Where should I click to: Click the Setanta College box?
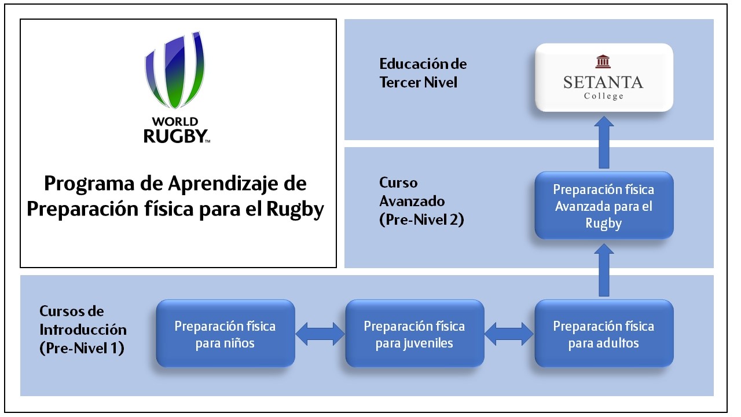tap(603, 77)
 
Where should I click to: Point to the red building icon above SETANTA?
tap(603, 61)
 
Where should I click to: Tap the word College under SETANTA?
tap(603, 96)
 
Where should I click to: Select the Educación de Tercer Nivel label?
tap(423, 73)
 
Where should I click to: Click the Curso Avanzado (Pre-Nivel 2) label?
tap(421, 202)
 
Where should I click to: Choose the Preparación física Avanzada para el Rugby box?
tap(603, 206)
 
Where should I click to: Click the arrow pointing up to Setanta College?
tap(604, 142)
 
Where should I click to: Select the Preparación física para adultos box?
tap(603, 334)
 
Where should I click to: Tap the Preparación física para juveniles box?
tap(414, 334)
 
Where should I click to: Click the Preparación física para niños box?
tap(225, 334)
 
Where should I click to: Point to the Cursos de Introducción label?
tap(82, 321)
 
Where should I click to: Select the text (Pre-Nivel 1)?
tap(82, 349)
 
